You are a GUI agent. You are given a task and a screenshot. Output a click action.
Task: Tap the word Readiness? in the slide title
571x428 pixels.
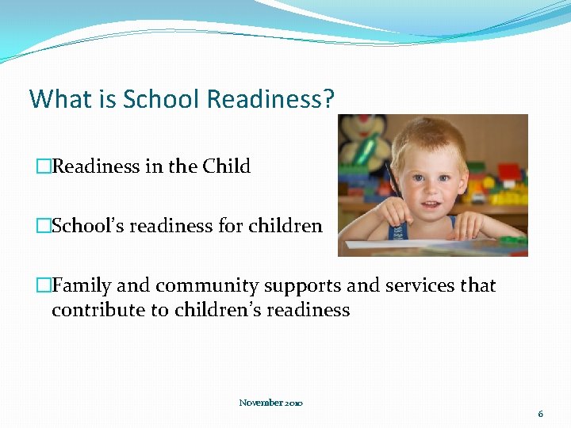(270, 99)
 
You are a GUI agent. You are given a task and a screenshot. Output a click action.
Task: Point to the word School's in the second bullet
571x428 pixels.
(87, 226)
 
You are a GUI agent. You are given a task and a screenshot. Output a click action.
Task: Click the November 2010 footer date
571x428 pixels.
(271, 403)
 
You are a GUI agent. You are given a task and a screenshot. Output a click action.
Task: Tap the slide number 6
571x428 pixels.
(540, 414)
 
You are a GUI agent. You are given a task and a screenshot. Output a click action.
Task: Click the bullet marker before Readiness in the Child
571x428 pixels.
(44, 167)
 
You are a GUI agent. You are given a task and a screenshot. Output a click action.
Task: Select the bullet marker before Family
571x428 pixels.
(44, 286)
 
